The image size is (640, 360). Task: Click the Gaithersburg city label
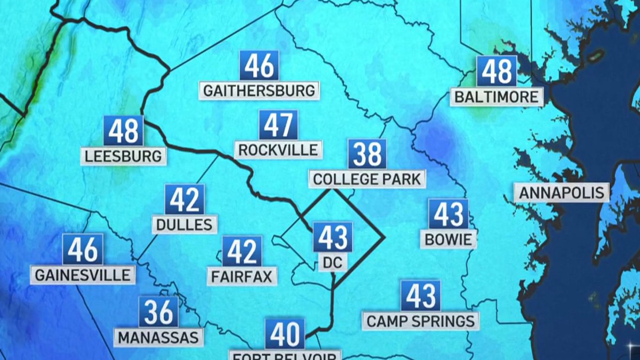click(259, 90)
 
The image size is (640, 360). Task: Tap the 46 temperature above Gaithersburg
click(259, 66)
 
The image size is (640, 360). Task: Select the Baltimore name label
click(497, 97)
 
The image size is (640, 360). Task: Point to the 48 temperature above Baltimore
click(497, 71)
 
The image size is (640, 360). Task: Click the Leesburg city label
click(123, 156)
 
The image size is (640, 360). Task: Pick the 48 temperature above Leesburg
click(123, 131)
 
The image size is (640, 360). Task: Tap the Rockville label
click(278, 150)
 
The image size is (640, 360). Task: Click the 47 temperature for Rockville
click(278, 125)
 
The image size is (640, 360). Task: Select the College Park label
click(367, 179)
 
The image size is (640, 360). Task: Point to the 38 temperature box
click(367, 154)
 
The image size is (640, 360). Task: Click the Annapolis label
click(562, 193)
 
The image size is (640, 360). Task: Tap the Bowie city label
click(449, 239)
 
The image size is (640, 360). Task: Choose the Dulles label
click(185, 224)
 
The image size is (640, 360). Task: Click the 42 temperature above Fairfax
click(242, 251)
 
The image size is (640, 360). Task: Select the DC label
click(332, 262)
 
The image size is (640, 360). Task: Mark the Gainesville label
click(83, 275)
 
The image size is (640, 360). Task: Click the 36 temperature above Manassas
click(158, 312)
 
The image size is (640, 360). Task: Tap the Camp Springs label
click(421, 321)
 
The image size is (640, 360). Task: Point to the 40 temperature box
click(285, 334)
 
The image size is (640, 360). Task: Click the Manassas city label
click(158, 337)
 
